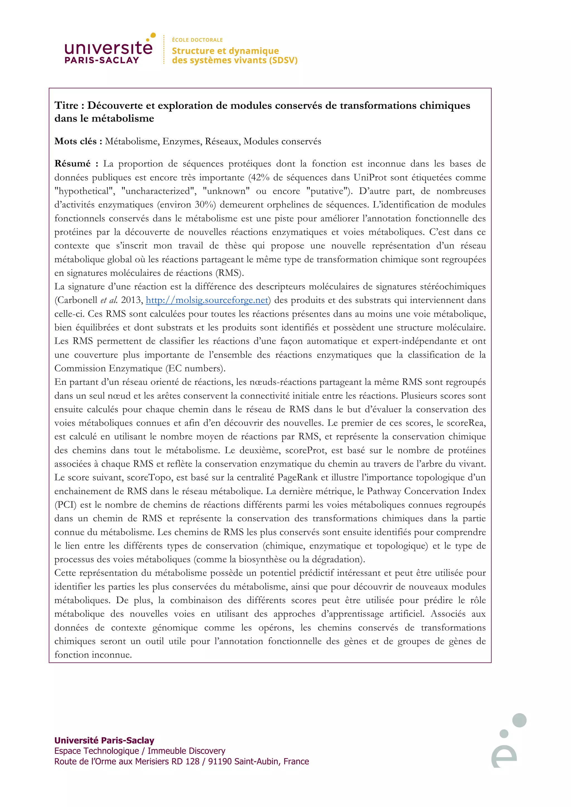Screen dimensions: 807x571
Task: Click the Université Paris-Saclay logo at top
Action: tap(108, 50)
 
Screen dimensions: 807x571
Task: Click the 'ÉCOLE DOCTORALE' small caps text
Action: tap(197, 40)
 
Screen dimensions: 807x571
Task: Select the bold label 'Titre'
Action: tap(66, 106)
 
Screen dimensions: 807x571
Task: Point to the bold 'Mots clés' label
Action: tap(76, 141)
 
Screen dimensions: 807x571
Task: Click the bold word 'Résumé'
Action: tap(72, 163)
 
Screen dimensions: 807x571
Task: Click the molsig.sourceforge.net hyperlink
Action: tap(207, 300)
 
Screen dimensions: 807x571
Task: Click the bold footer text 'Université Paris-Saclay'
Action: tap(104, 740)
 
